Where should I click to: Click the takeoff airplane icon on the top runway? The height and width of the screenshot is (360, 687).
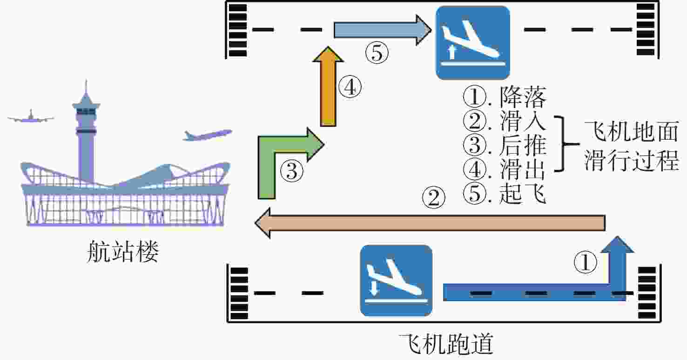(472, 43)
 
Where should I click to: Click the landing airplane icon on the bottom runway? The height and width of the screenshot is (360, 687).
(396, 280)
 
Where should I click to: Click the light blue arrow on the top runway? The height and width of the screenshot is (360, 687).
(383, 30)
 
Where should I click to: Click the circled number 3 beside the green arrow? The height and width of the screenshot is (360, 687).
(292, 171)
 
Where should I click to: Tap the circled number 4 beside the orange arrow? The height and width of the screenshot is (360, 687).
(350, 87)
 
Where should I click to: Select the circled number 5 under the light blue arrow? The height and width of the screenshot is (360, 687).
(377, 52)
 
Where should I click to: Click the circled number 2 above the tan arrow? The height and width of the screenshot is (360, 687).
(434, 197)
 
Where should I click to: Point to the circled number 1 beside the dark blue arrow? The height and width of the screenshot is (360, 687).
(585, 262)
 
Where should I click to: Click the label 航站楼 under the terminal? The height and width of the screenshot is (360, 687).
(123, 251)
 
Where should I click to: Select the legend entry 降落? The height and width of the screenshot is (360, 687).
(523, 97)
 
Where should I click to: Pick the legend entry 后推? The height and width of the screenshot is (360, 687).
(523, 145)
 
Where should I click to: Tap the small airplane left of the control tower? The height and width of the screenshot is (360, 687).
(31, 116)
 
